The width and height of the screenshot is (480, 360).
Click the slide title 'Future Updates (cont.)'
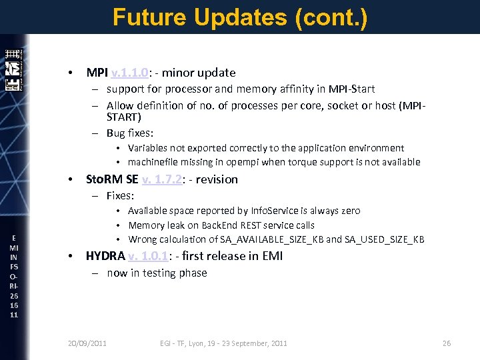tap(240, 17)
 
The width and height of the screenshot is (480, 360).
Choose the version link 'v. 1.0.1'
tap(151, 256)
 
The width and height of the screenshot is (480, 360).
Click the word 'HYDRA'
tap(105, 256)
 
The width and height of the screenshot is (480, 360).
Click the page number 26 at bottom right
tap(447, 343)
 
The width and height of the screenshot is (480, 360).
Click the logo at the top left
tap(13, 70)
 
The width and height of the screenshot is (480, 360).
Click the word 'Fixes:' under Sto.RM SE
tap(121, 196)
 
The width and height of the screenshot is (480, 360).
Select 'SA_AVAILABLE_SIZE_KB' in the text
tap(277, 240)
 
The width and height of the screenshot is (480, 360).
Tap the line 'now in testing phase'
tap(157, 273)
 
